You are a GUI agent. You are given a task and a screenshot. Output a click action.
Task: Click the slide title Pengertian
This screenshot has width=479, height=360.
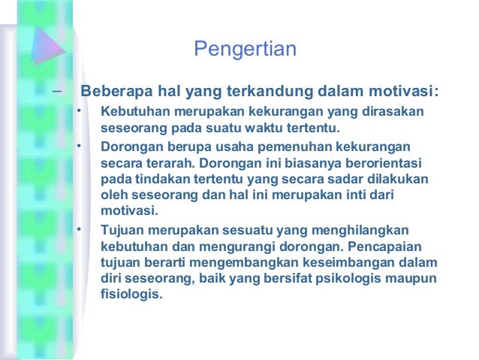click(245, 50)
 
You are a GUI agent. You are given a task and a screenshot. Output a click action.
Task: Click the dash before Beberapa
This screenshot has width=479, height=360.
click(55, 92)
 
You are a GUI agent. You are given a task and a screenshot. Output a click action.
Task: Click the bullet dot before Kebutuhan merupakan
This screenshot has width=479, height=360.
click(76, 112)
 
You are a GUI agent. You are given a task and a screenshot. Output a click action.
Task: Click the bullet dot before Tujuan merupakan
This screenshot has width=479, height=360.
click(76, 228)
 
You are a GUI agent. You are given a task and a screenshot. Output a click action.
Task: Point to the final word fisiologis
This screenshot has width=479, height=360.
click(131, 295)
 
